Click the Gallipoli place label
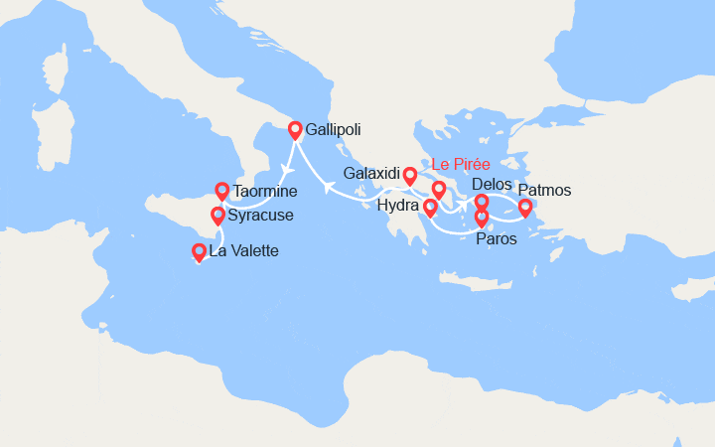(334, 130)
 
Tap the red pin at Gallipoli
(295, 129)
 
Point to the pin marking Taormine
(222, 189)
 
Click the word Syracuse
(259, 215)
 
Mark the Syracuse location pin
(218, 215)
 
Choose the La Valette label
(243, 251)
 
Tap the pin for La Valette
(199, 252)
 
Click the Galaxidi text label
(371, 174)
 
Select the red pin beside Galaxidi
(409, 176)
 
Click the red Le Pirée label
(461, 164)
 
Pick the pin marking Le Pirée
(438, 189)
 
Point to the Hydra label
(397, 207)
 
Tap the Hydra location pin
(430, 208)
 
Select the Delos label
(493, 185)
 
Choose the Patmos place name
(545, 191)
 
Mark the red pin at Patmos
(525, 207)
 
